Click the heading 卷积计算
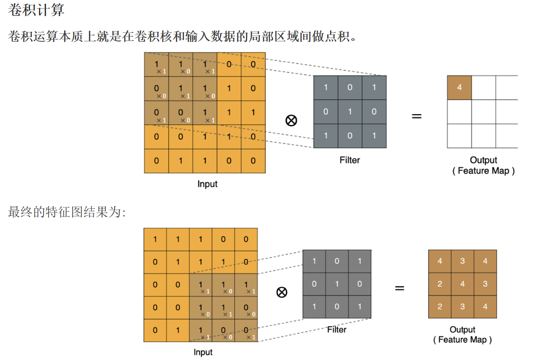36,10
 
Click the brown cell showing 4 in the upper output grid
459,88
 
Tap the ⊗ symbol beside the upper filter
291,120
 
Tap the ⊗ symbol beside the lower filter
281,292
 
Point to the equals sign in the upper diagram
416,116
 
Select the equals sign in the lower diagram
399,288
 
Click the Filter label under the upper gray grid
350,160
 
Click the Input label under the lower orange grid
203,352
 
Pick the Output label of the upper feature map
483,160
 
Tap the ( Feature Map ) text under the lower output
462,340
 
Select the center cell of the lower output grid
462,284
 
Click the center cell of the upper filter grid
350,112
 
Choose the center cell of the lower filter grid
337,284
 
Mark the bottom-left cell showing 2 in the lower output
440,307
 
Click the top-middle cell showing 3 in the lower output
462,261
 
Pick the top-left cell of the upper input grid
157,65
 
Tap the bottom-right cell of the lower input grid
246,330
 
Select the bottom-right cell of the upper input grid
253,161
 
